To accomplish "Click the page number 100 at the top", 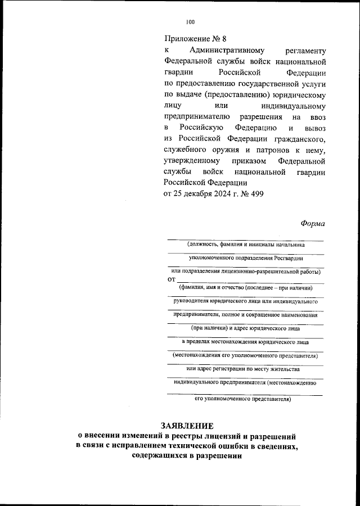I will (x=190, y=22).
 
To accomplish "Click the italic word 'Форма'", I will (x=313, y=223).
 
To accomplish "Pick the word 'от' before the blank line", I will (x=172, y=279).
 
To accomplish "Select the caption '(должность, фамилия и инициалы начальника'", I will (x=246, y=245).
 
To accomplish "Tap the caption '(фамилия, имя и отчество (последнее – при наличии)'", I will (x=246, y=287).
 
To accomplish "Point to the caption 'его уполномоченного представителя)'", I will (x=242, y=399).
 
